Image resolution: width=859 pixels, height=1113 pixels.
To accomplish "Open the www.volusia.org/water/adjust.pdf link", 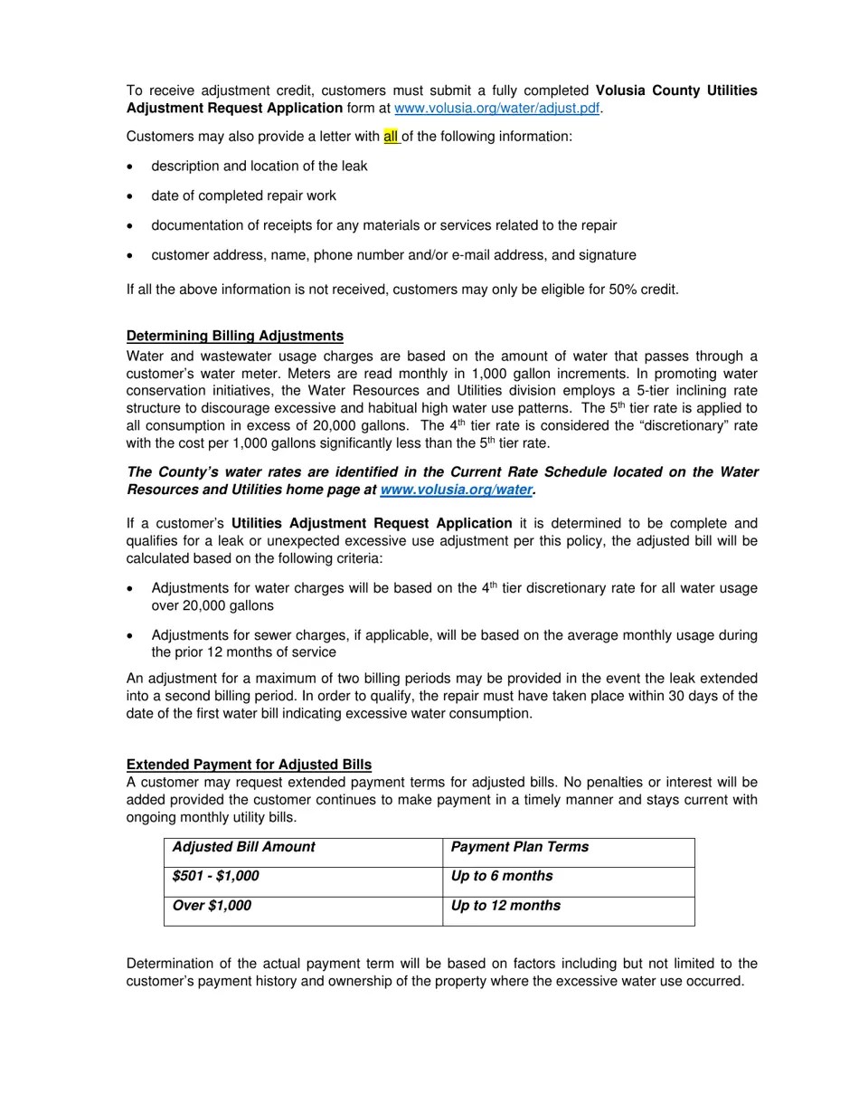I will point(497,109).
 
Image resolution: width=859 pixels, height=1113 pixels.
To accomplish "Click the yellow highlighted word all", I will point(391,137).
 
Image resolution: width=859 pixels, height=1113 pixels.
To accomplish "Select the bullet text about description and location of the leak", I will point(260,166).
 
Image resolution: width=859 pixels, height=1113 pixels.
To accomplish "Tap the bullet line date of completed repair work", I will point(243,195).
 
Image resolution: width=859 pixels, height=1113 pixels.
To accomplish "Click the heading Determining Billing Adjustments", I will point(235,336).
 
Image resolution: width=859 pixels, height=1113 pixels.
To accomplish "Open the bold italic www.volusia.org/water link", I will point(456,490).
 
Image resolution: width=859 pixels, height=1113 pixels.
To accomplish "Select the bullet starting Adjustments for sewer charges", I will point(454,643).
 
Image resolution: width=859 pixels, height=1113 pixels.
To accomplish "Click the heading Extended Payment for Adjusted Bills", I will point(249,765).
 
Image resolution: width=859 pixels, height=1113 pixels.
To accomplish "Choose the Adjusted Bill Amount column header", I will point(243,847).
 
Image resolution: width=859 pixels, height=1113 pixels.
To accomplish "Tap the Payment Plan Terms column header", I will point(519,847).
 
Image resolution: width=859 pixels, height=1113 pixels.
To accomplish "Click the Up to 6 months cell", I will point(502,876).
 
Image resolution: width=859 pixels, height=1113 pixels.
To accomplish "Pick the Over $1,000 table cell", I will point(212,906).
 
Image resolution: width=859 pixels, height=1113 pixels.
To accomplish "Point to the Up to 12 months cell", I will point(505,906).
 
